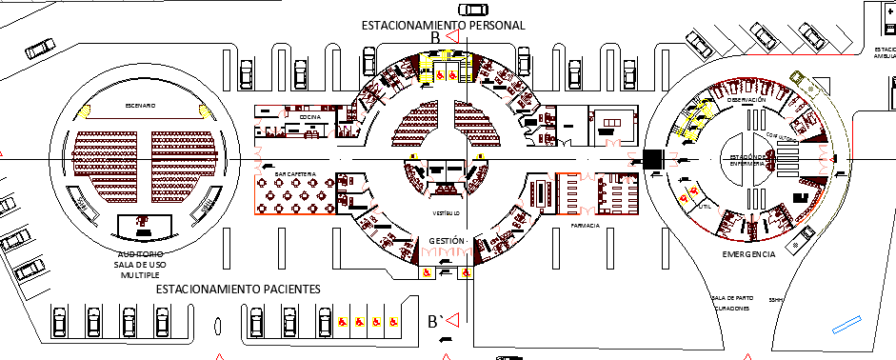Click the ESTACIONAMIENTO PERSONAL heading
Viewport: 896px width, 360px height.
[x=443, y=25]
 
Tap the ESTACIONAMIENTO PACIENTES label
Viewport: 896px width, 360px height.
[x=237, y=288]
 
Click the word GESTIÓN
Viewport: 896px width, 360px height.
[x=447, y=241]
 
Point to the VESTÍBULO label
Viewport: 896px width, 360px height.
[x=446, y=212]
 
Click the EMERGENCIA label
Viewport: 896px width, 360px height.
[x=748, y=254]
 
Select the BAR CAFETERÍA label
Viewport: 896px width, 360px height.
[x=293, y=175]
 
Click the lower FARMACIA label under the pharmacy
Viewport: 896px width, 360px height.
[x=585, y=227]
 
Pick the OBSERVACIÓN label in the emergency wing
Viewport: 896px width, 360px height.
[x=746, y=100]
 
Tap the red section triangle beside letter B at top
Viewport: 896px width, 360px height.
[x=454, y=37]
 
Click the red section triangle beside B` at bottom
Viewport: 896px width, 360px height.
[x=456, y=321]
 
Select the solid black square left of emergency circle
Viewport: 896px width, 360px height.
[x=653, y=159]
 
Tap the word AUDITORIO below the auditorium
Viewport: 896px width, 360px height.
[x=140, y=254]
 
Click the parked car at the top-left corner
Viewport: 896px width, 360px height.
[x=41, y=49]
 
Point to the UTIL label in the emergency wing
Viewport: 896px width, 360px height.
[x=704, y=205]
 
